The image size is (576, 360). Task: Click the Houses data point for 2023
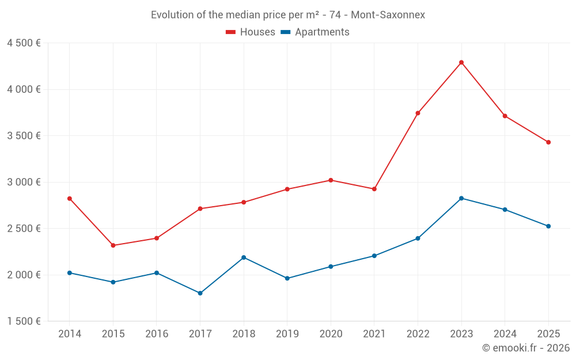tap(461, 62)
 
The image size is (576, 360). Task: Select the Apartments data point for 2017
tap(200, 293)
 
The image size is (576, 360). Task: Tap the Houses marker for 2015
tap(113, 245)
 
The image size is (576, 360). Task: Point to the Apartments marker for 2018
tap(244, 257)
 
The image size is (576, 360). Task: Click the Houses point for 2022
tap(418, 113)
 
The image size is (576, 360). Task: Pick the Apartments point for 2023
tap(461, 198)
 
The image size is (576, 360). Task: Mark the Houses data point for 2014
tap(70, 198)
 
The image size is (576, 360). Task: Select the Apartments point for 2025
tap(548, 226)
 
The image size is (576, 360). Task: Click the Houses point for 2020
tap(331, 180)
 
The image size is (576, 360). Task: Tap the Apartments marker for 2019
tap(287, 278)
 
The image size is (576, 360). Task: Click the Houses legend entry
tap(251, 32)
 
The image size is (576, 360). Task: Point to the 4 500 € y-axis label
tap(24, 43)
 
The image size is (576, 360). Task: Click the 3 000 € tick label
tap(24, 182)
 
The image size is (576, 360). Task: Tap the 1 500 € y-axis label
tap(24, 321)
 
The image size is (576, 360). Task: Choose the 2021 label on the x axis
tap(374, 334)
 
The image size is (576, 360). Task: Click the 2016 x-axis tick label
tap(157, 334)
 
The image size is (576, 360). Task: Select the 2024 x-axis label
tap(505, 334)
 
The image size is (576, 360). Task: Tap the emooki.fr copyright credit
tap(526, 348)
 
